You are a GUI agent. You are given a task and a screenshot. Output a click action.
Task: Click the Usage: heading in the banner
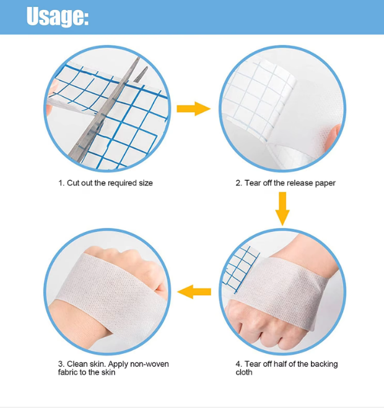coord(58,17)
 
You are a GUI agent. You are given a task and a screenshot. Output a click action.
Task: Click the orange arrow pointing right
coord(193,108)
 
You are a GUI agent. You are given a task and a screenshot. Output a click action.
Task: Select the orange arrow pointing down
coord(282,208)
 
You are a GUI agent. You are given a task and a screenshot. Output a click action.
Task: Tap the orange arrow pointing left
coord(194,291)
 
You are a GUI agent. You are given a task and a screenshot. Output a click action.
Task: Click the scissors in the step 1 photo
coord(107,110)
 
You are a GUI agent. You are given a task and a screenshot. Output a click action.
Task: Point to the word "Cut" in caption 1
coord(73,183)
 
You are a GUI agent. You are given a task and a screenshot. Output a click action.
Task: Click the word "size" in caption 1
coord(146,183)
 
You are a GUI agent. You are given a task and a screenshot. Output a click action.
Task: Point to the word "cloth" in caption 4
coord(244,372)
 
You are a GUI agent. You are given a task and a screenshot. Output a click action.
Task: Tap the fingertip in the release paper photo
coord(334,136)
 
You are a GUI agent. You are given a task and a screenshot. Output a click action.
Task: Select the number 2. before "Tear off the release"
coord(238,183)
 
